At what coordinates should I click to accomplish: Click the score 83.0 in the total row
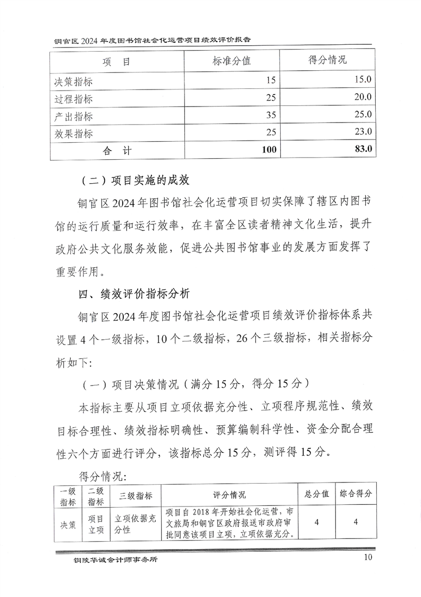click(361, 150)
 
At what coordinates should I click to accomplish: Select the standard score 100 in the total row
click(269, 150)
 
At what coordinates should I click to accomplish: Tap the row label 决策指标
click(73, 81)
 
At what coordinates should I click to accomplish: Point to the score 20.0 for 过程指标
click(361, 97)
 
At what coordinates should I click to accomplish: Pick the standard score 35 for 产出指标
click(271, 116)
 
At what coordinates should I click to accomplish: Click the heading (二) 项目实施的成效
click(136, 180)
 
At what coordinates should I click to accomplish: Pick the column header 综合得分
click(356, 493)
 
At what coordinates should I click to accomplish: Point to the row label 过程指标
click(73, 99)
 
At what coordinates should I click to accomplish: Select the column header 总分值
click(317, 493)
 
